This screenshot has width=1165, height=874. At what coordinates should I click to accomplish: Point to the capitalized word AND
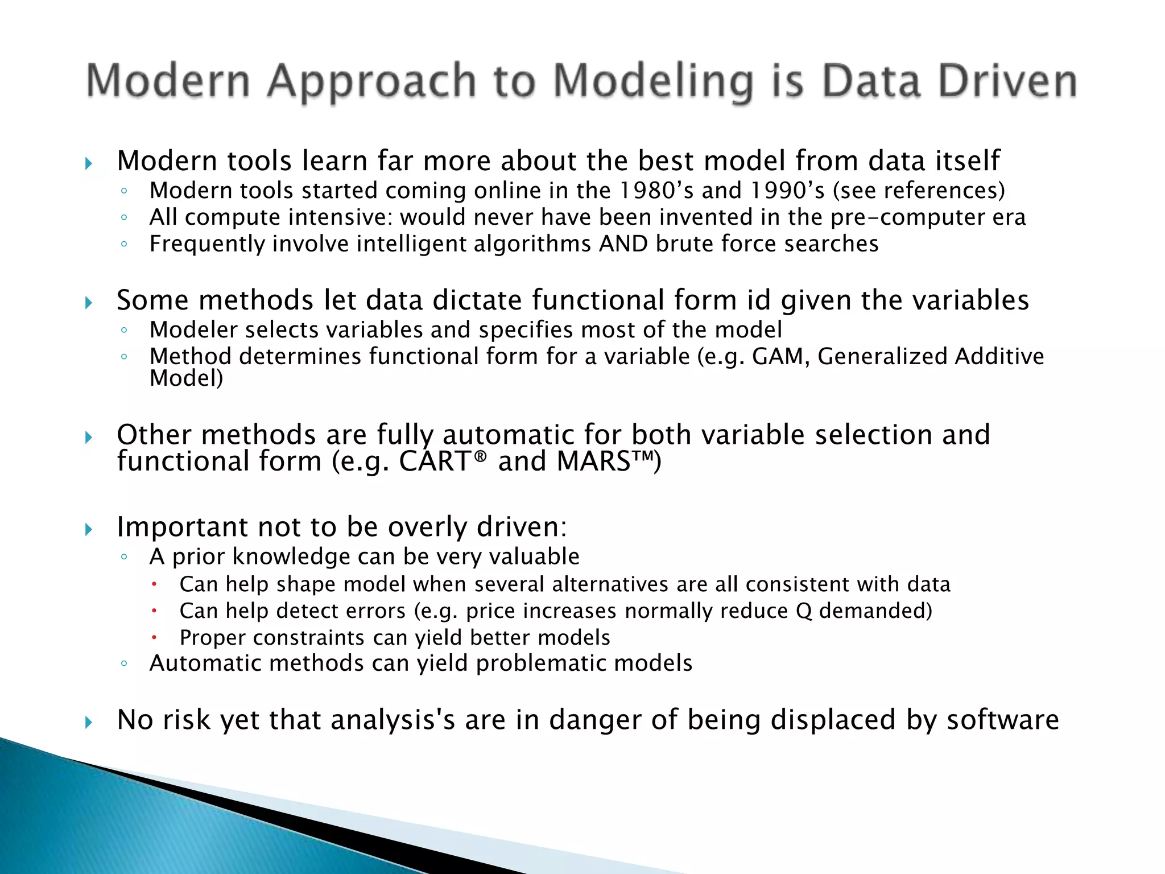[x=623, y=244]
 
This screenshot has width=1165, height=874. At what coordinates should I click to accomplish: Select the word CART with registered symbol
[x=443, y=461]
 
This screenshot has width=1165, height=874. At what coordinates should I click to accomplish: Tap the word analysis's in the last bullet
[x=393, y=720]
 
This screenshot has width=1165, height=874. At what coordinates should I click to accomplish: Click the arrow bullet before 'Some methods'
[x=88, y=303]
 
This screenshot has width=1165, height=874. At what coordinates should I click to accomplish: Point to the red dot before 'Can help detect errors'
[x=154, y=611]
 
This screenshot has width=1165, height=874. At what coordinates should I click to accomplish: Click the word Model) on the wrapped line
[x=186, y=379]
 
